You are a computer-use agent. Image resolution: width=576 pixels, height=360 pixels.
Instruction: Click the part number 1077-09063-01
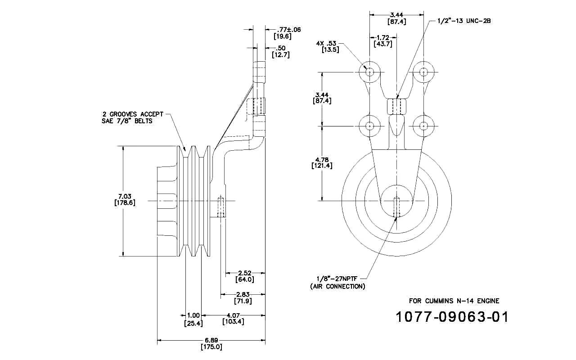tap(452, 317)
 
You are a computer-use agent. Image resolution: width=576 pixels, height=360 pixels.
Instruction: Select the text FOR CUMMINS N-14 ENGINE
tap(454, 301)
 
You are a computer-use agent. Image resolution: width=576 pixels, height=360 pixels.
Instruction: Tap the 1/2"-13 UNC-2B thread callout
tap(464, 21)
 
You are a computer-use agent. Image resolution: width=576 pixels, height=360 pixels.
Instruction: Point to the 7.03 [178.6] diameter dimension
tap(125, 199)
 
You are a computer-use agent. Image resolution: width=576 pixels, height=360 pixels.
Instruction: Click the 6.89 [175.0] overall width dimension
tap(211, 343)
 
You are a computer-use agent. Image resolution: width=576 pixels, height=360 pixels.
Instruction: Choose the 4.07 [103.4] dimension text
tap(233, 318)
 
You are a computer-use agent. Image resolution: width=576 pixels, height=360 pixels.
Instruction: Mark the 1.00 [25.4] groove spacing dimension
tap(193, 319)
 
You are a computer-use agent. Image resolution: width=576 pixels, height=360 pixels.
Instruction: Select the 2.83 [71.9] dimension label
tap(243, 297)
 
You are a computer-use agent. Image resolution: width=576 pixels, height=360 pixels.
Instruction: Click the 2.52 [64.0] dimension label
tap(244, 276)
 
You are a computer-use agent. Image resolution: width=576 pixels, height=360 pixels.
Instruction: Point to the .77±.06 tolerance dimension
tap(287, 33)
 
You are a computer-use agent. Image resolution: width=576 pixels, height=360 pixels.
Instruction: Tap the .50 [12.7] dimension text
tap(280, 51)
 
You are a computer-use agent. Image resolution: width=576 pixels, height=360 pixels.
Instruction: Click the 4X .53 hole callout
tap(327, 46)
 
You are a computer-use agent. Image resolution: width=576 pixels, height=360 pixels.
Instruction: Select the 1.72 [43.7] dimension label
tap(383, 40)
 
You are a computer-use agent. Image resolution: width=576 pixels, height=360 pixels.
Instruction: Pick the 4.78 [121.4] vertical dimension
tap(322, 163)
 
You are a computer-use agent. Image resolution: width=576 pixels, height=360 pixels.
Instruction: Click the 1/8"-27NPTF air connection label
tap(337, 282)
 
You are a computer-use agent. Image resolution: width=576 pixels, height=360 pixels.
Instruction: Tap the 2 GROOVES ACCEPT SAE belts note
tap(132, 117)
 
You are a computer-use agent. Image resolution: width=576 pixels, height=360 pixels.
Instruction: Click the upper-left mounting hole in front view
tap(370, 72)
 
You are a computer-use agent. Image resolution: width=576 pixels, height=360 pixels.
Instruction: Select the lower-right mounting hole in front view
tap(423, 126)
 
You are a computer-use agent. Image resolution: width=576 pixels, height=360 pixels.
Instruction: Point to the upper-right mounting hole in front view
tap(423, 72)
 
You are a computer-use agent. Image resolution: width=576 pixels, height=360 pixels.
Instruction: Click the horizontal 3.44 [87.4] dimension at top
tap(397, 18)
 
